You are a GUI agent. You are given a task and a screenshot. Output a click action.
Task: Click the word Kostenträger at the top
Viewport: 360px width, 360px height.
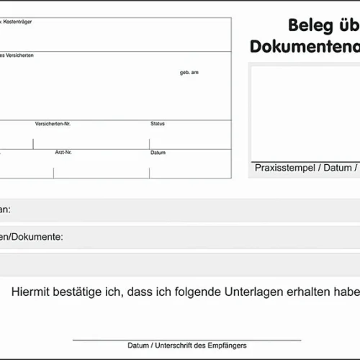18,22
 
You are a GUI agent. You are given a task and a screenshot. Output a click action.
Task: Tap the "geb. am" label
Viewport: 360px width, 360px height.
189,73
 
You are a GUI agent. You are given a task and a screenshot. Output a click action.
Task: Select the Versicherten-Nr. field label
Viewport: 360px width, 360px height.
53,124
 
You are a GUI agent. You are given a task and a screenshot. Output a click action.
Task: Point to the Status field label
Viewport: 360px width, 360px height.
158,124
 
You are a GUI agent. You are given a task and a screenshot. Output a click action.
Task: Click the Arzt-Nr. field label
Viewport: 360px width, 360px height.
63,153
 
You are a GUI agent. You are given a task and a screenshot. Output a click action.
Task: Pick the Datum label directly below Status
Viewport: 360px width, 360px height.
158,153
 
